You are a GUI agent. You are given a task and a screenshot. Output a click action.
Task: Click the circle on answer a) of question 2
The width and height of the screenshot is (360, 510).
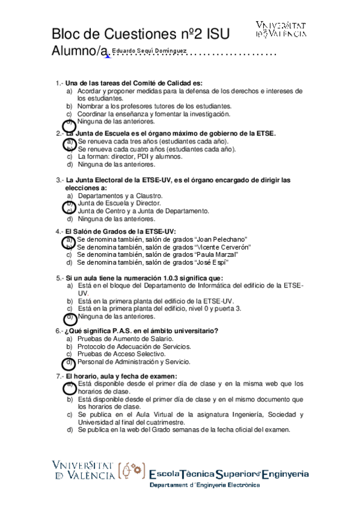(x=70, y=143)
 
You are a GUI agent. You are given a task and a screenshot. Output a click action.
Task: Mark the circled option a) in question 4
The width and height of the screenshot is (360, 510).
(x=70, y=241)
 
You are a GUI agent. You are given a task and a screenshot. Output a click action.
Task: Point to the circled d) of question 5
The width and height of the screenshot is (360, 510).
(x=70, y=317)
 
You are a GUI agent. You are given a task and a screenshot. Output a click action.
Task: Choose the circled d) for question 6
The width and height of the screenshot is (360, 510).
(x=70, y=363)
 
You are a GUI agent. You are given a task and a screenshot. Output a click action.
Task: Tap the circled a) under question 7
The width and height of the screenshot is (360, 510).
(x=70, y=386)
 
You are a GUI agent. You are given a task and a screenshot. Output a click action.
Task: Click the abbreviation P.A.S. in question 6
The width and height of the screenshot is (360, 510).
(x=112, y=331)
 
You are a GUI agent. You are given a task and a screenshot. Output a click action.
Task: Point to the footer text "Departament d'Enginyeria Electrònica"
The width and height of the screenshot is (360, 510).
(x=204, y=486)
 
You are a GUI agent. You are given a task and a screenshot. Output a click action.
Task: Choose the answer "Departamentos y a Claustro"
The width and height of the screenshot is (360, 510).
(x=120, y=196)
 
